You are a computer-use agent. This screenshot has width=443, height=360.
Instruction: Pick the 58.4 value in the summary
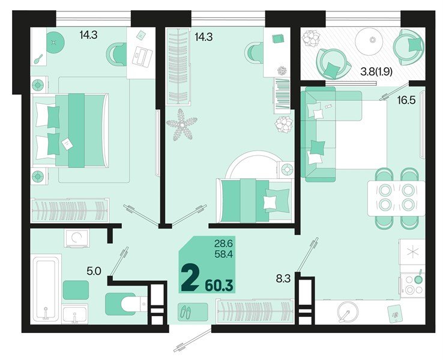[x=223, y=254]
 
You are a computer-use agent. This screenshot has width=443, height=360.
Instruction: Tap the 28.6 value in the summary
[x=223, y=244]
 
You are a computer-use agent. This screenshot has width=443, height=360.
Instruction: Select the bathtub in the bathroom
[x=46, y=289]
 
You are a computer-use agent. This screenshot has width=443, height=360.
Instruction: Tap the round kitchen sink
[x=347, y=313]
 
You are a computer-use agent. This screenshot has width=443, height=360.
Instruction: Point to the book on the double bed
[x=66, y=143]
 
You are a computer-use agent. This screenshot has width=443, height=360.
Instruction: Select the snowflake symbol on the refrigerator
[x=413, y=252]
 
